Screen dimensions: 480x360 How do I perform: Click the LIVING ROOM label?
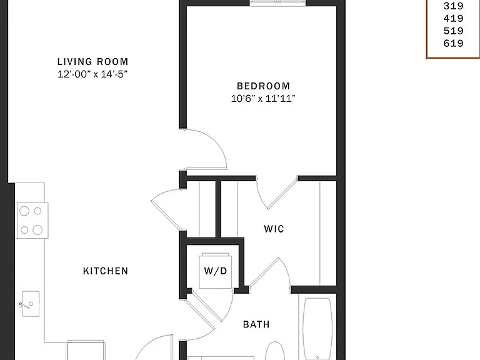92,61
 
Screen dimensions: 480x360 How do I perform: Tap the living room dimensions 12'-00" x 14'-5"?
92,74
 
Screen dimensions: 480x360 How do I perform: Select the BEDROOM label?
263,86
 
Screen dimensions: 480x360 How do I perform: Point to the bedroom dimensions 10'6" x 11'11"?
263,99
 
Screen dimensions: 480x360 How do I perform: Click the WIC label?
274,229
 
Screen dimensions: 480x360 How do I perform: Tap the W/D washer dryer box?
215,271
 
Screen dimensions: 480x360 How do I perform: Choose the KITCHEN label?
106,271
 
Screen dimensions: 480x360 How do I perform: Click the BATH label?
256,324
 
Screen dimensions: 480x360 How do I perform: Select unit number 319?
453,6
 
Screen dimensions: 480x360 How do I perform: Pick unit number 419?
453,18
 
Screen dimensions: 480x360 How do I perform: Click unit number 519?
453,31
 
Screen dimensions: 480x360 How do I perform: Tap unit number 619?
453,44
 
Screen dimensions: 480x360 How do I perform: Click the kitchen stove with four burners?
32,221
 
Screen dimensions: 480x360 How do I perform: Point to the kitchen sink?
31,304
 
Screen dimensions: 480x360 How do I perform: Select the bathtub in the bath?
317,328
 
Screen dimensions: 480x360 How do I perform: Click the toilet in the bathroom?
274,351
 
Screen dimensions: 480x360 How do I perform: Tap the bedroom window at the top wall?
278,2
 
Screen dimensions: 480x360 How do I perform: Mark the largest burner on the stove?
37,229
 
